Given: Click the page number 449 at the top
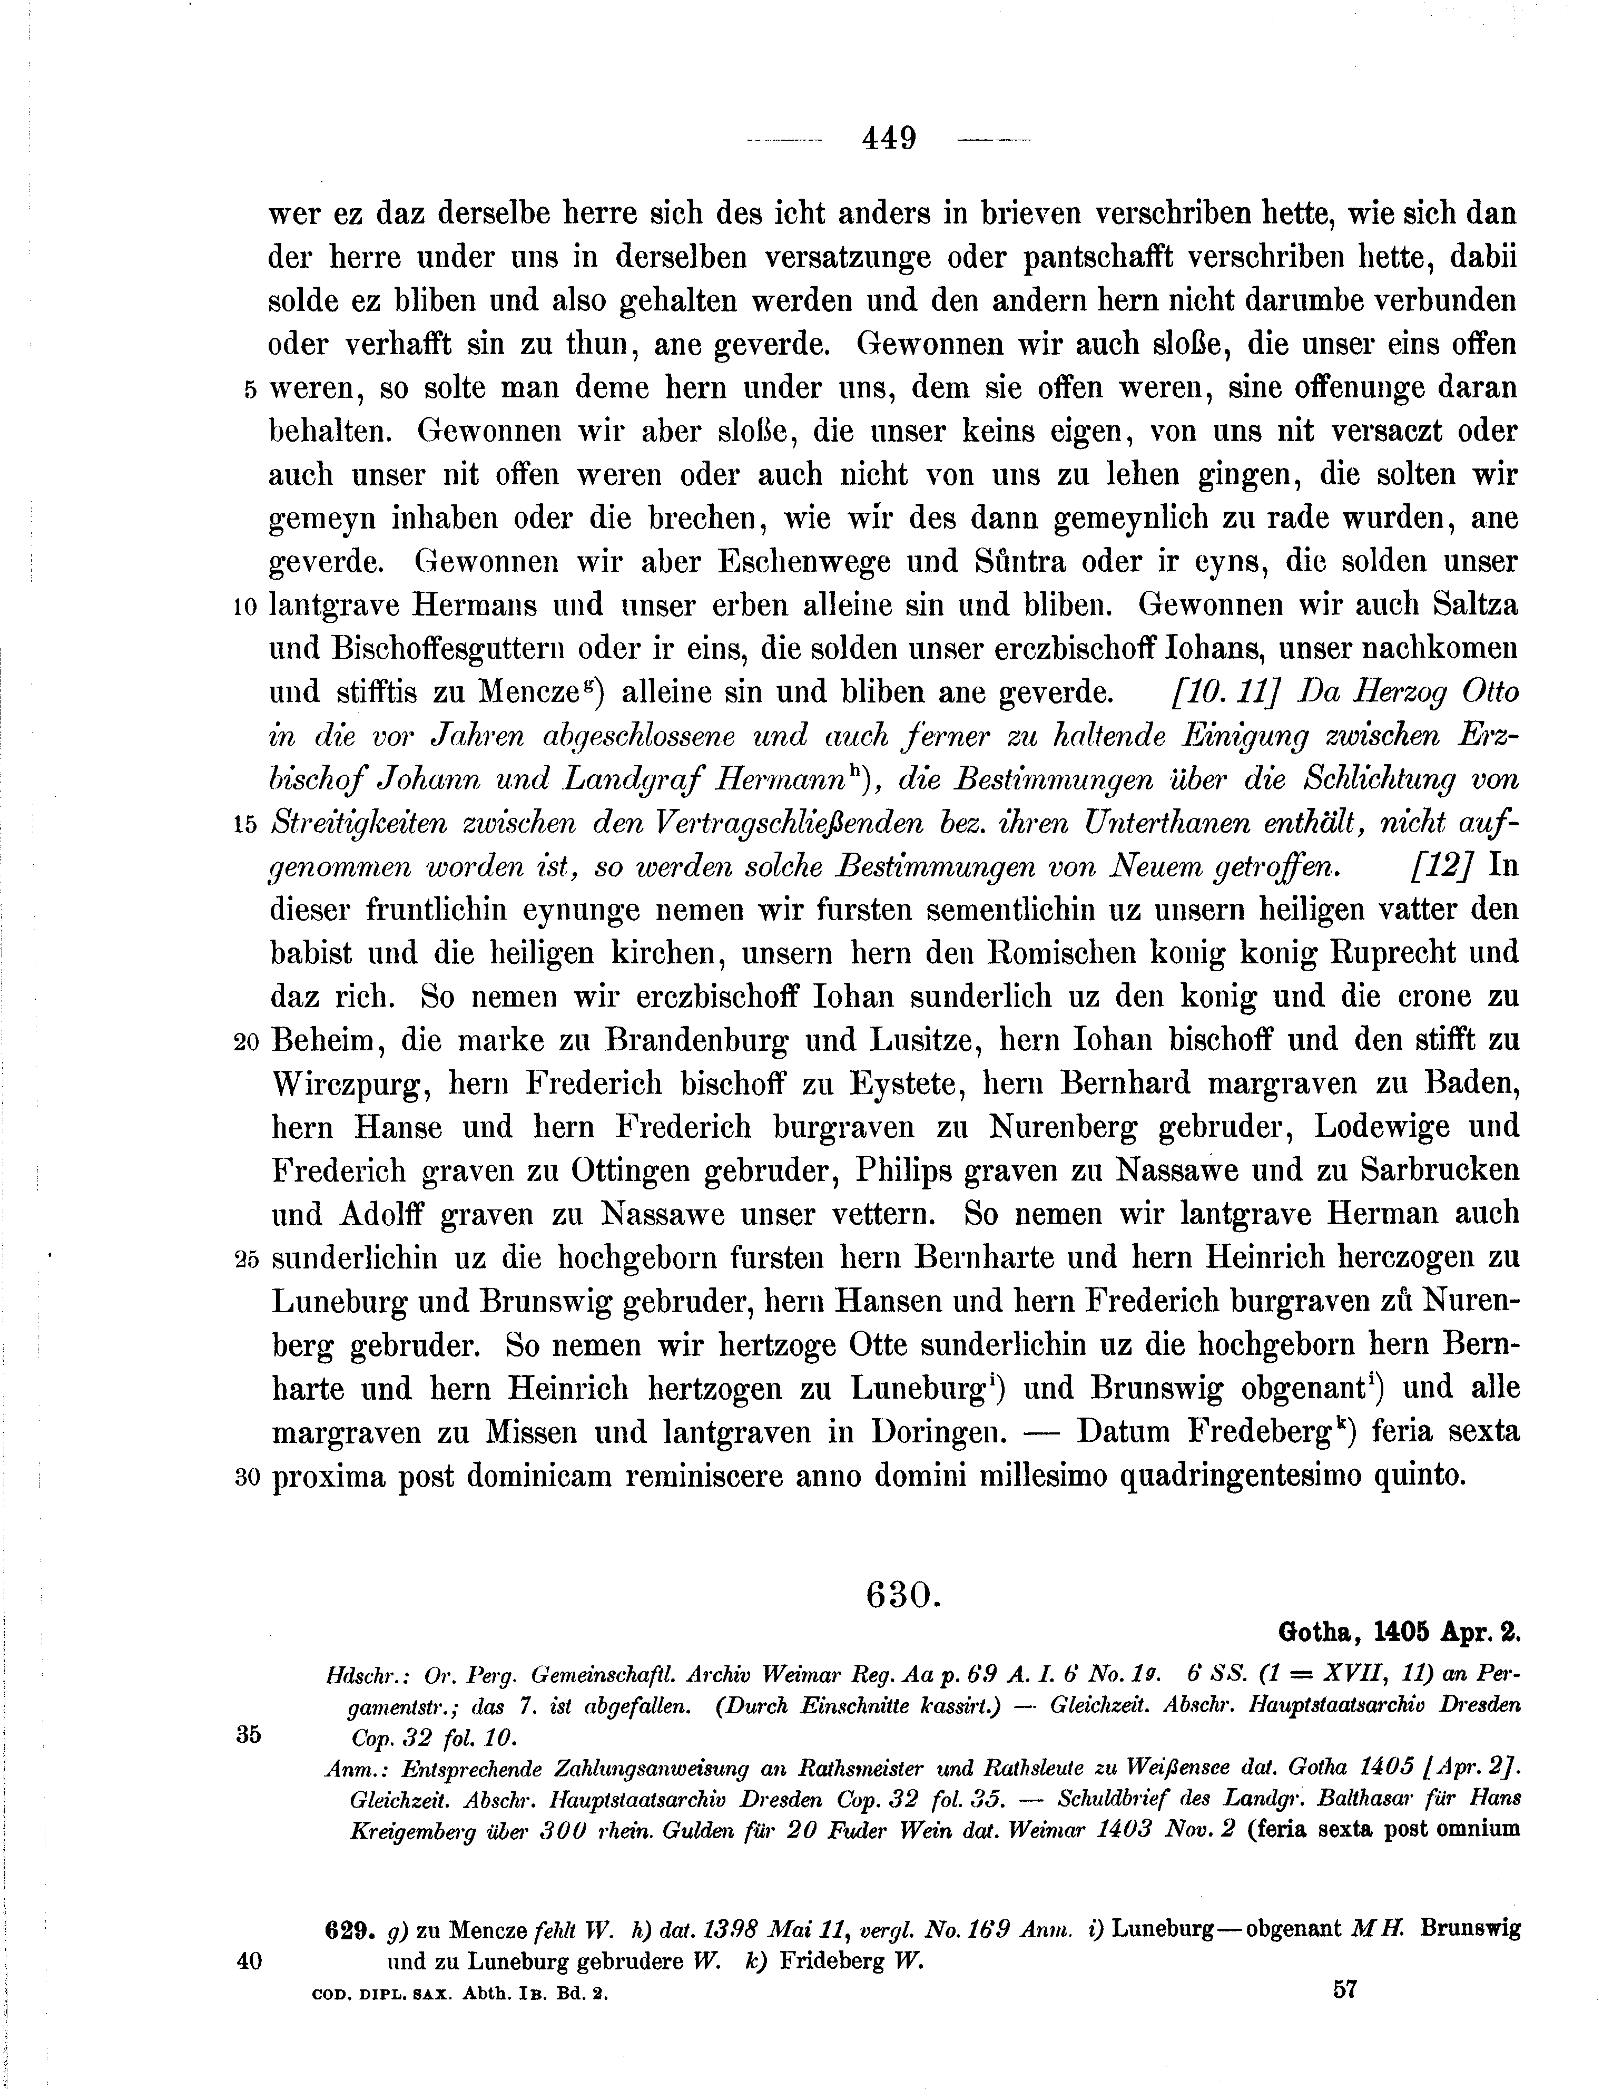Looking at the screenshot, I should point(888,139).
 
